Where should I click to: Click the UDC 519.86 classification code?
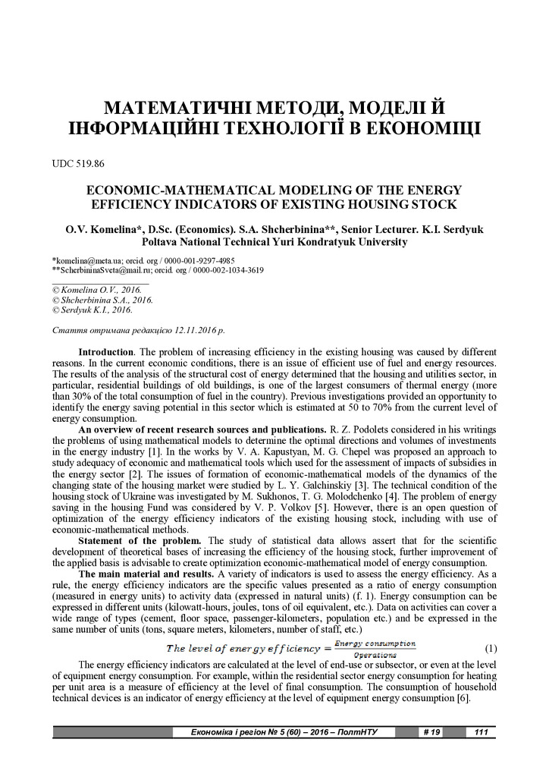click(79, 163)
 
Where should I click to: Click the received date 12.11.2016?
click(190, 332)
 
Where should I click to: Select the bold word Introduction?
click(106, 353)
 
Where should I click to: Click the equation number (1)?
click(491, 649)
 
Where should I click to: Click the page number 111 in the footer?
click(480, 732)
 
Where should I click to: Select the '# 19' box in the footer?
click(430, 732)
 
